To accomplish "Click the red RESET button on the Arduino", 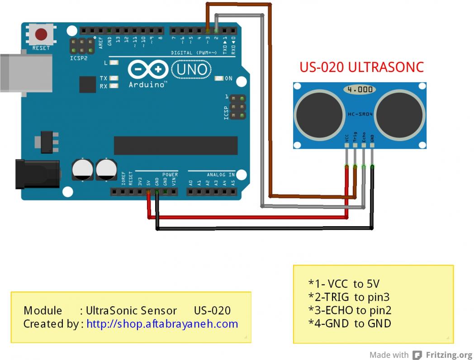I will tap(42, 34).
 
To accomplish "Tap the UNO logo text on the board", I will tap(191, 70).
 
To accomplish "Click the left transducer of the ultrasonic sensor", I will tap(317, 115).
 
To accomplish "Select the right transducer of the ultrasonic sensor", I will tap(401, 115).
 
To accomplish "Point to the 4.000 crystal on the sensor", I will tap(360, 90).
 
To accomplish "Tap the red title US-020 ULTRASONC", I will tap(361, 67).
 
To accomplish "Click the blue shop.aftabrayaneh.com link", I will tap(162, 324).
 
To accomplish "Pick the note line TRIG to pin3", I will tap(349, 297).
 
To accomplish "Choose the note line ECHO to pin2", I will tap(350, 310).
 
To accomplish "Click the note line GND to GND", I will tap(350, 323).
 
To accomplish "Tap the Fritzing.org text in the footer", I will tap(449, 355).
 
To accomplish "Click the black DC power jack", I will tap(37, 174).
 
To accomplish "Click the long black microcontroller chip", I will tap(175, 145).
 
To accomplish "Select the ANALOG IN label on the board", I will tap(221, 175).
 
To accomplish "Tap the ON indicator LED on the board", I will tap(220, 79).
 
